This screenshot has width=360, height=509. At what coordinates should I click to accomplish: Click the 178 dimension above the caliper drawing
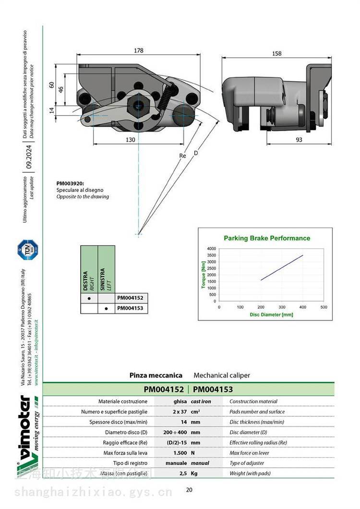pos(138,50)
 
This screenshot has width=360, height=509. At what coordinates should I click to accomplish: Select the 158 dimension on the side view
pos(276,53)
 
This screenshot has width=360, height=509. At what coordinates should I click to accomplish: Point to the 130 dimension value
pos(130,140)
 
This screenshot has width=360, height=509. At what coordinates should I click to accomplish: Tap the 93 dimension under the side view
pos(299,140)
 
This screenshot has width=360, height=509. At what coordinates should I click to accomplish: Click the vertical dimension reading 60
pos(51,85)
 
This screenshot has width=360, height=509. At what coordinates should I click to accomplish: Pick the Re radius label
pos(182,156)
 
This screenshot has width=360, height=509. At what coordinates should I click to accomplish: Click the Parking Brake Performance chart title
pos(267,238)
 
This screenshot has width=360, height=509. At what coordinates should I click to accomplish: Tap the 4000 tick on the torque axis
pos(211,248)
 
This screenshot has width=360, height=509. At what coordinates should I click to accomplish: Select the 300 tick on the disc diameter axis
pos(282,306)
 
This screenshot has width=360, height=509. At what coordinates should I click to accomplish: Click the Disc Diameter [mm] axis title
pos(271,315)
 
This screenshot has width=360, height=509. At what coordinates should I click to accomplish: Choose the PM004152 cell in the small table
pos(130,298)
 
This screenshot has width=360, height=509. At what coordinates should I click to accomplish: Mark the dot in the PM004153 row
pos(106,309)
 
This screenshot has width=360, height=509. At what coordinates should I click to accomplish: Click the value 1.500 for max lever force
pos(180,453)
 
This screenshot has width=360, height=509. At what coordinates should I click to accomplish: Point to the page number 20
pos(189,489)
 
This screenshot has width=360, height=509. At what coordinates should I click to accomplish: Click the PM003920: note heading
pos(70,183)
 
